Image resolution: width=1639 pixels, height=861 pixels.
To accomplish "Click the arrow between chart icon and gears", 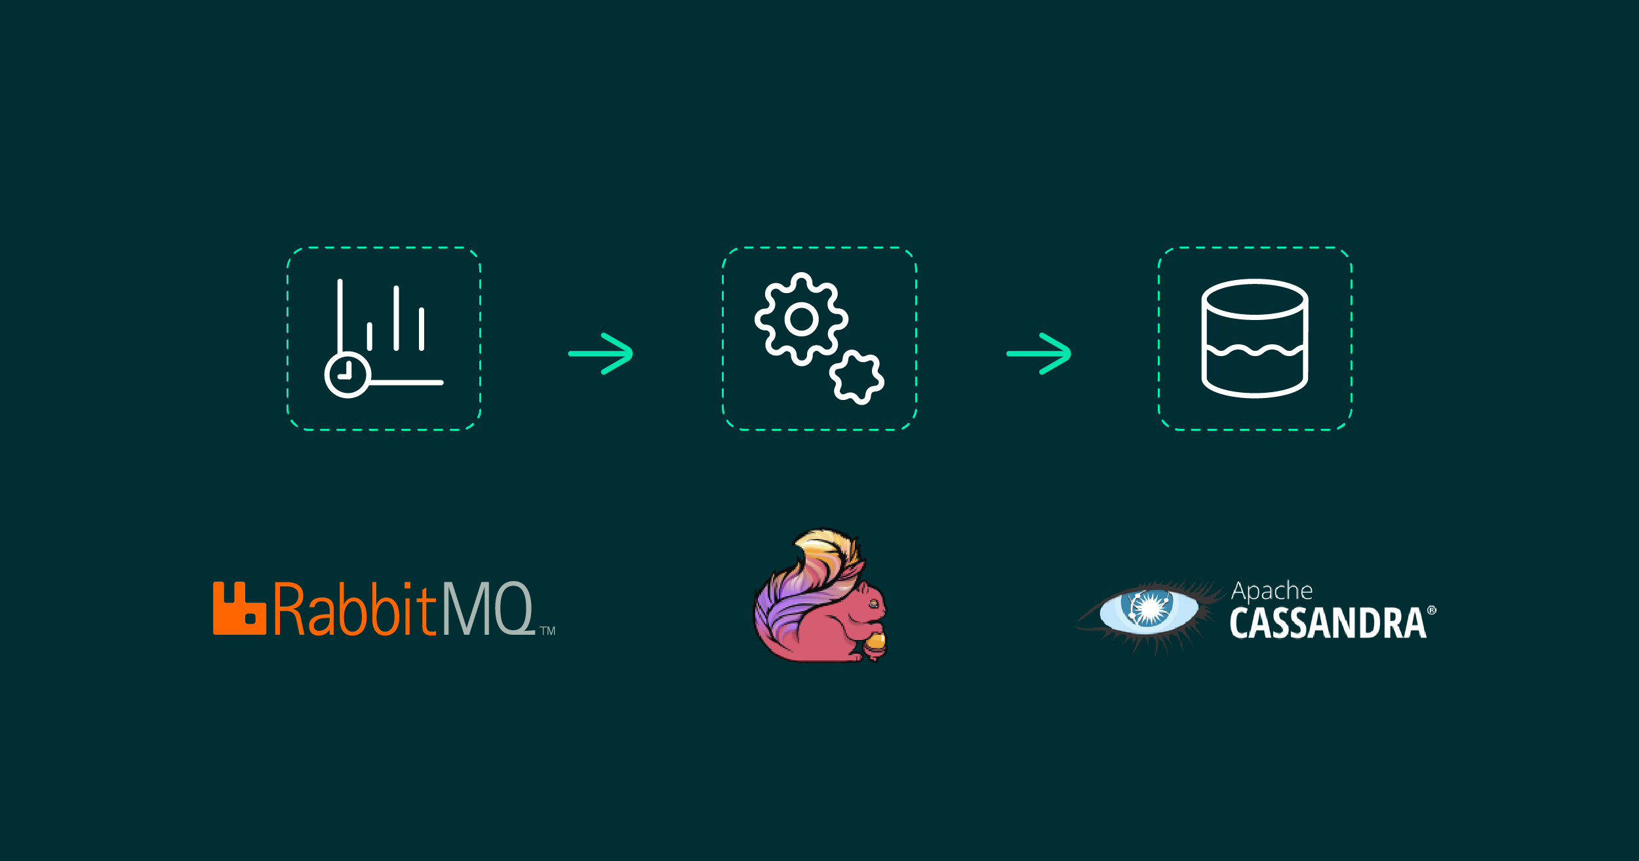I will click(x=601, y=353).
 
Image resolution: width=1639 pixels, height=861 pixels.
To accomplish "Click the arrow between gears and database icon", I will click(x=1038, y=353).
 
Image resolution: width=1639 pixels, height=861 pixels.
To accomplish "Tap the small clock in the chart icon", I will click(x=347, y=375).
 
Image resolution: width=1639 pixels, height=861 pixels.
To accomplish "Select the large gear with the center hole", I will click(x=801, y=319).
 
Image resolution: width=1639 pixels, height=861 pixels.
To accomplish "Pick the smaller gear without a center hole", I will click(x=856, y=378).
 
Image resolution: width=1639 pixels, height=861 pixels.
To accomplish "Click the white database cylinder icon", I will click(x=1254, y=339).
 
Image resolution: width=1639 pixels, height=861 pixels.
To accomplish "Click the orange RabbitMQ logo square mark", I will click(x=239, y=609).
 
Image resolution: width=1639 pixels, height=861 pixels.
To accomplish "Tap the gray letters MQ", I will click(x=488, y=609).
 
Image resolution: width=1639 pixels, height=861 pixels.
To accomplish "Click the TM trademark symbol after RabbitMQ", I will click(x=547, y=631).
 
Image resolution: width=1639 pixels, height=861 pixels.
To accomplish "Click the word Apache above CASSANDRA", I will click(x=1272, y=591).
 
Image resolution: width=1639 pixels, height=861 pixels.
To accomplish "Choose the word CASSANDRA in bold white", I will click(x=1328, y=623).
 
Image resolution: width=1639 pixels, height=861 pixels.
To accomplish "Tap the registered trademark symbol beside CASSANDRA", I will click(x=1431, y=611).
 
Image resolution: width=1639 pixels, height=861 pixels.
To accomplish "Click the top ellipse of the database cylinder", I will click(x=1254, y=299).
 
